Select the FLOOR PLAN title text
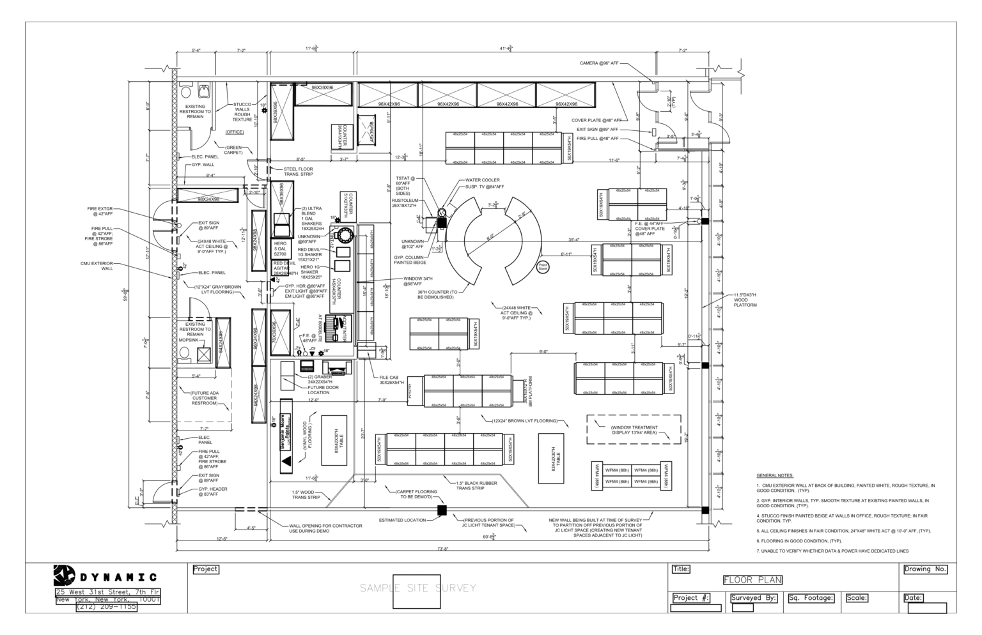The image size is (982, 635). coord(752,580)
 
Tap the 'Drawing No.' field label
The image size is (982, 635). coord(924,569)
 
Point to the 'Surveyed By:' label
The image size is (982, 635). coord(754,599)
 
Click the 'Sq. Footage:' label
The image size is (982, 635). coord(811,599)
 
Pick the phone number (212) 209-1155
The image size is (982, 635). coord(107,608)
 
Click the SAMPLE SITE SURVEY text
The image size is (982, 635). coord(417,588)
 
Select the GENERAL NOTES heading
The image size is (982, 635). coord(774,476)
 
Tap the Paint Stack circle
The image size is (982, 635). coord(543,266)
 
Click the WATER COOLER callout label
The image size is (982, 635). coord(483,181)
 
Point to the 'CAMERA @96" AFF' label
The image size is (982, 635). coord(598,63)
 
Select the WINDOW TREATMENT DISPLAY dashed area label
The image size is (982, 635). coord(634,430)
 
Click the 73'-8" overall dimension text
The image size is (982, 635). coord(442,549)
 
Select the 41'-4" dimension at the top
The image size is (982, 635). coord(505,49)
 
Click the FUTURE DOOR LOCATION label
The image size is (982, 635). coord(323,390)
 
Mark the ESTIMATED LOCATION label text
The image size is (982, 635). coord(402,520)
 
